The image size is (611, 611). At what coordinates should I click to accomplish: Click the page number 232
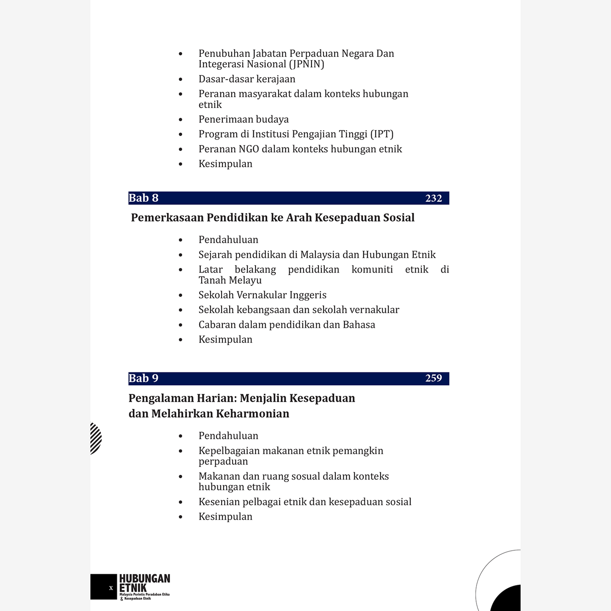tap(433, 198)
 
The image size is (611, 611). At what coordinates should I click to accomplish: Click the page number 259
tap(433, 378)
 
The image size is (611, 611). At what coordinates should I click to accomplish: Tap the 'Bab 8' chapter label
tap(143, 198)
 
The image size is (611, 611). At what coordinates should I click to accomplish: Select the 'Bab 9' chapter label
tap(143, 378)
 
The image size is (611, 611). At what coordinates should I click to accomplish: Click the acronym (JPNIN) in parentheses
tap(307, 64)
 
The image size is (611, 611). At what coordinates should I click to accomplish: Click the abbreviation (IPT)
tap(382, 134)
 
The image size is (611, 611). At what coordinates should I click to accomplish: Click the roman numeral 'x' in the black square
tap(111, 588)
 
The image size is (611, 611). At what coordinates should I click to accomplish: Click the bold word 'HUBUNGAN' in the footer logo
tap(145, 578)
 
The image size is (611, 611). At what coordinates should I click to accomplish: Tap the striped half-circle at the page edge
tap(96, 438)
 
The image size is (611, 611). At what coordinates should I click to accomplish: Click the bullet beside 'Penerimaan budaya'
tap(181, 120)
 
